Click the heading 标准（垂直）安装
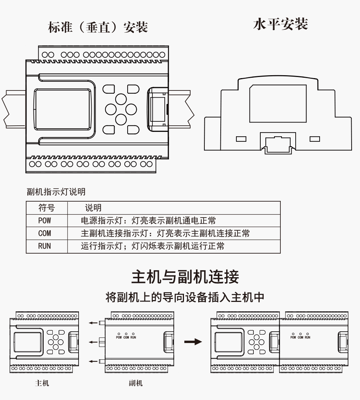point(98,27)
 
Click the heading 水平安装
point(280,24)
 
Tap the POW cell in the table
point(44,220)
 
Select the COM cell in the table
point(44,233)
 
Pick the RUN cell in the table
point(44,246)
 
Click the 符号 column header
point(47,208)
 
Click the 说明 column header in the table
point(93,208)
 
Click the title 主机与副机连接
point(185,277)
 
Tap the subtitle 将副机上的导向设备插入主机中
point(185,297)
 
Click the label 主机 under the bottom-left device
point(42,383)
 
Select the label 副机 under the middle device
point(136,383)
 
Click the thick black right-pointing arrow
point(193,342)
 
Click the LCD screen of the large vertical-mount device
point(63,109)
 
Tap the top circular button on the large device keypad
point(121,99)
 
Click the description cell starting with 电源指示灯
point(148,220)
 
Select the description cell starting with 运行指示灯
point(152,246)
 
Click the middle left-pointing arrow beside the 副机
point(94,342)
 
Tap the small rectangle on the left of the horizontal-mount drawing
point(241,139)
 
